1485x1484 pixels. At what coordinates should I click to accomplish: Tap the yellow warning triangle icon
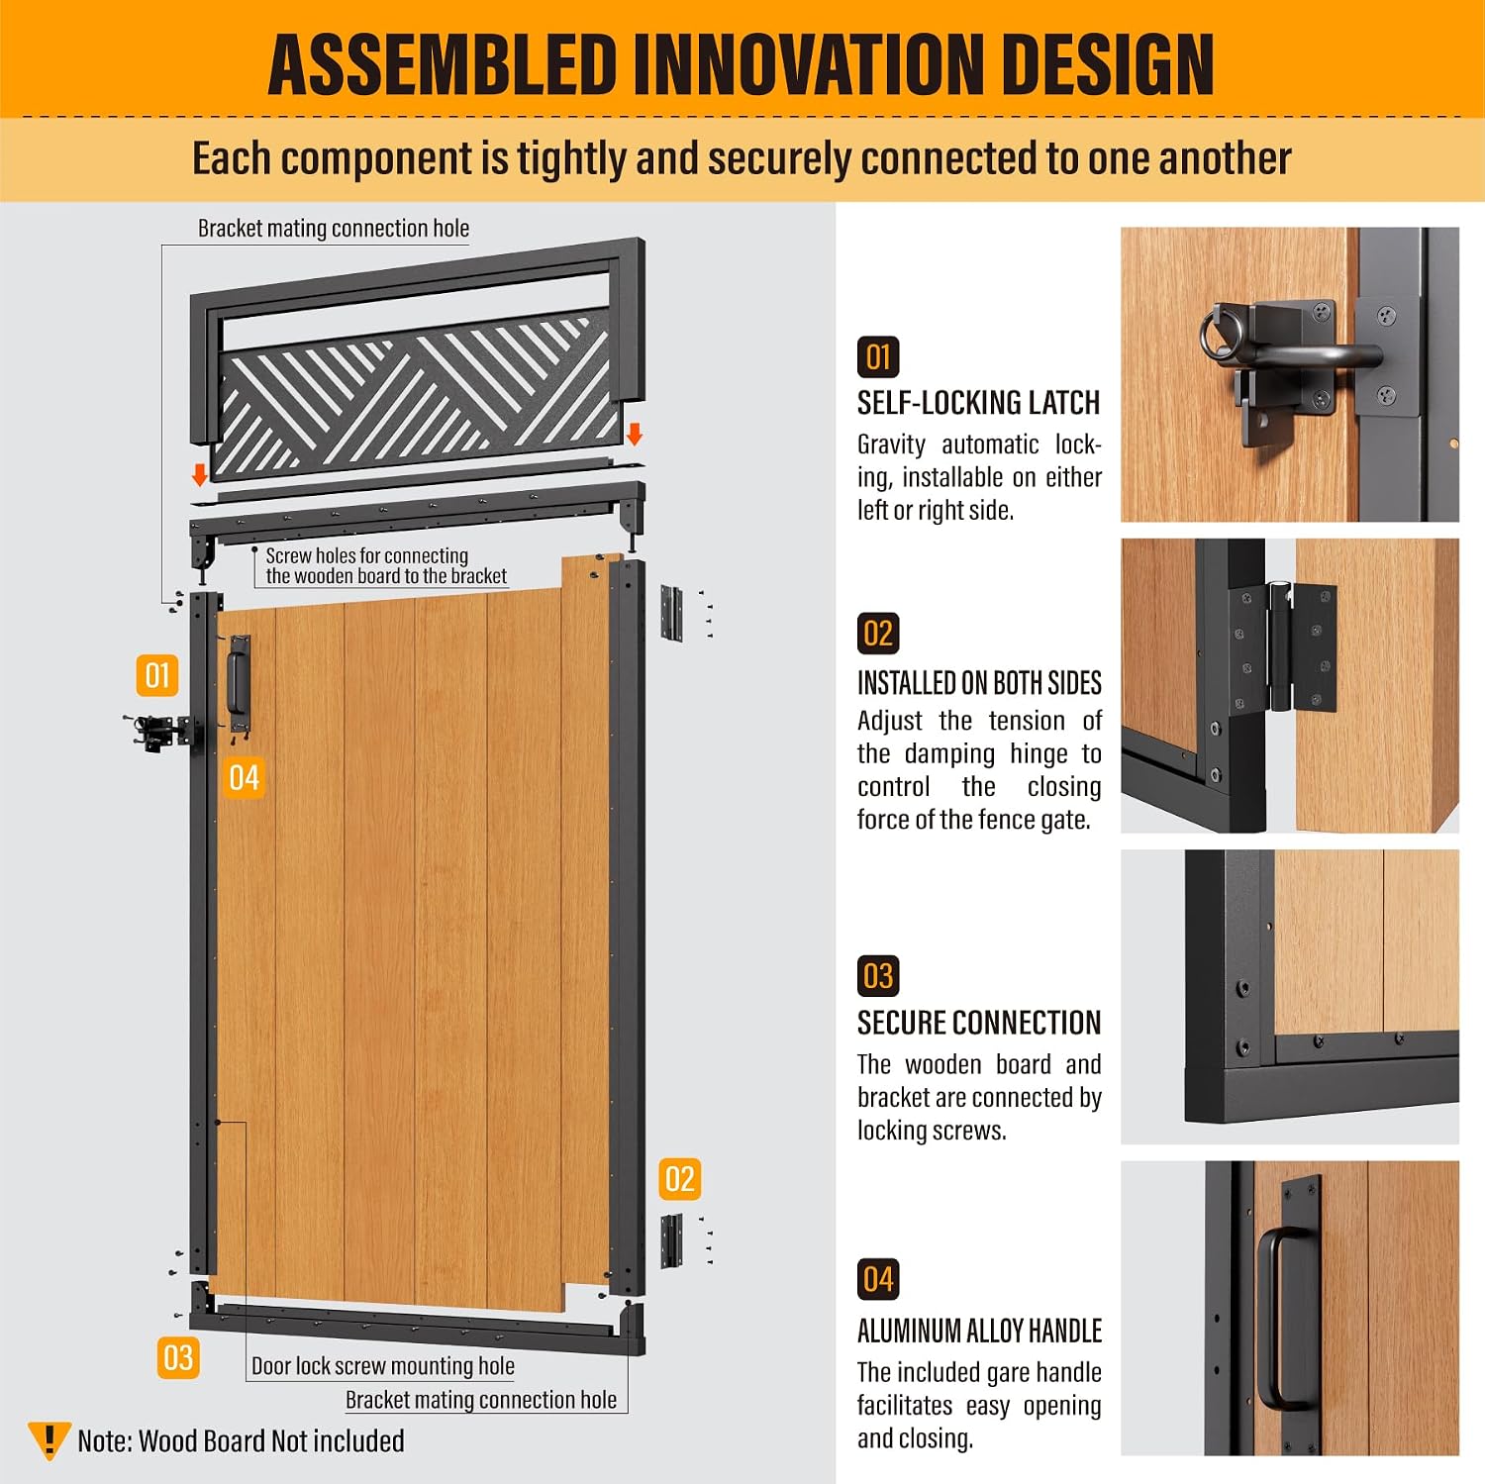[49, 1439]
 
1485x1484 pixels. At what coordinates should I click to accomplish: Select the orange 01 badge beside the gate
[157, 675]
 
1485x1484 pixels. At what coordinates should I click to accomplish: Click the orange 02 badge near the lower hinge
[680, 1179]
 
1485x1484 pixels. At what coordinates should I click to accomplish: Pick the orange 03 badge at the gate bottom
[178, 1357]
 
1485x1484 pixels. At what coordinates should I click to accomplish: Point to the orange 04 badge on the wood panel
[244, 778]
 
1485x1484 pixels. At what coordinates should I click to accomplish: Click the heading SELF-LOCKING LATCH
[978, 403]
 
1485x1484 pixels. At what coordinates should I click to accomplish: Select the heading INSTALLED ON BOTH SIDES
[979, 683]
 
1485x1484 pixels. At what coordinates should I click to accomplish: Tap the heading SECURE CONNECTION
[979, 1023]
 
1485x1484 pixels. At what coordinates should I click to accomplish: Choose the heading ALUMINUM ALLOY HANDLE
[979, 1332]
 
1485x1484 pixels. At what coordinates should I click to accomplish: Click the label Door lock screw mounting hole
[383, 1366]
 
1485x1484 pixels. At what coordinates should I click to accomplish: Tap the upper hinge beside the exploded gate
[672, 613]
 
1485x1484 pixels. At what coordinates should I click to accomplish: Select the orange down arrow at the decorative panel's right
[636, 434]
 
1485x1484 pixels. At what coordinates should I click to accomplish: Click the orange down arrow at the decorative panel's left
[200, 474]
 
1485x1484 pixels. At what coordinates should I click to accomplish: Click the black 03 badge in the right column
[878, 976]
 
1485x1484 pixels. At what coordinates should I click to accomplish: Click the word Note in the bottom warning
[104, 1441]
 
